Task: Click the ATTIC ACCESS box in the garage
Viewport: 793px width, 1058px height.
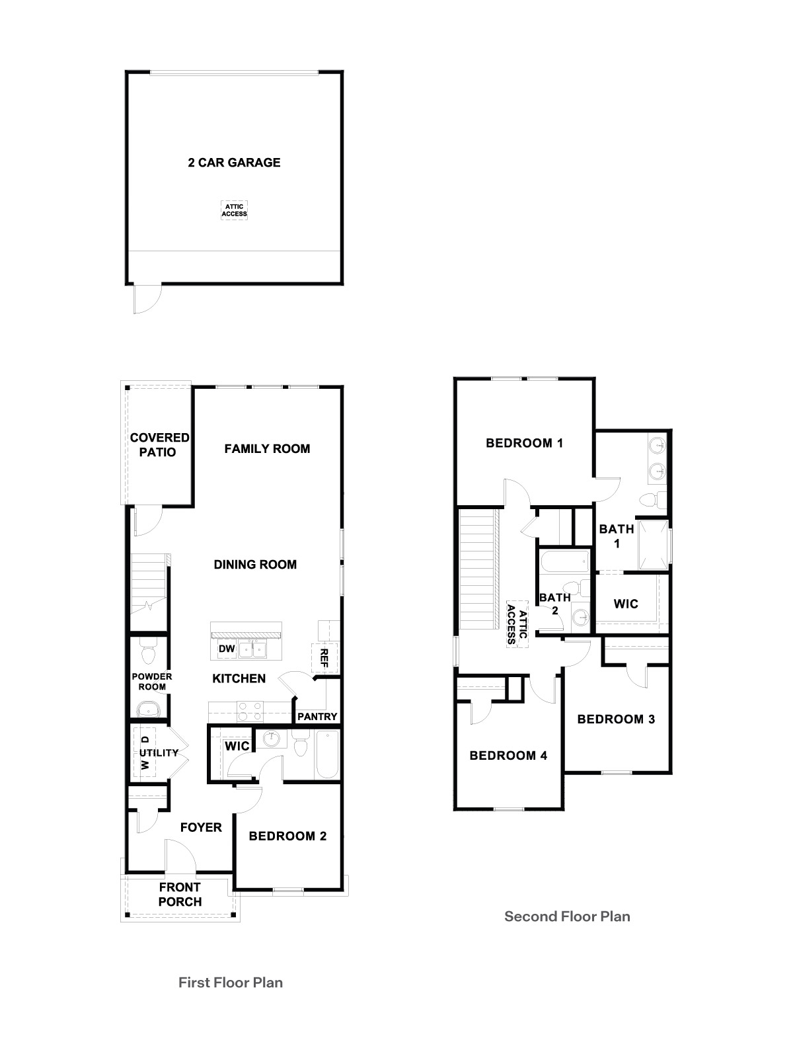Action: click(x=234, y=210)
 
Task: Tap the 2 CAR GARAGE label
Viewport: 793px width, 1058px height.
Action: click(x=234, y=163)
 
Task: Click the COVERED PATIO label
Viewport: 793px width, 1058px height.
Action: click(x=159, y=445)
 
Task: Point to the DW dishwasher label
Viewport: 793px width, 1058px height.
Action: click(x=227, y=649)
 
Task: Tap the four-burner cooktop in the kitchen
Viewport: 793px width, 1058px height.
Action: click(x=250, y=712)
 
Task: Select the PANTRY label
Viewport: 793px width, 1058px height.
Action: click(x=317, y=716)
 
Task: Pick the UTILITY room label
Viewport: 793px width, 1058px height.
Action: click(x=159, y=753)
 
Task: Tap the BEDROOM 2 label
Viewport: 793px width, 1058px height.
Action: click(x=287, y=836)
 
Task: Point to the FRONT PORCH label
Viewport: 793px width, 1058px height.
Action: click(x=180, y=895)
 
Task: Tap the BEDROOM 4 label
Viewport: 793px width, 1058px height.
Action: click(x=508, y=755)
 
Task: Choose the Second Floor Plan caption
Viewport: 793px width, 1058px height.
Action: click(x=567, y=916)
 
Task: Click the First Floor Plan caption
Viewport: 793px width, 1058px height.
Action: click(x=231, y=983)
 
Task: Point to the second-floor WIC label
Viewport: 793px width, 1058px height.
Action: click(x=626, y=604)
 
